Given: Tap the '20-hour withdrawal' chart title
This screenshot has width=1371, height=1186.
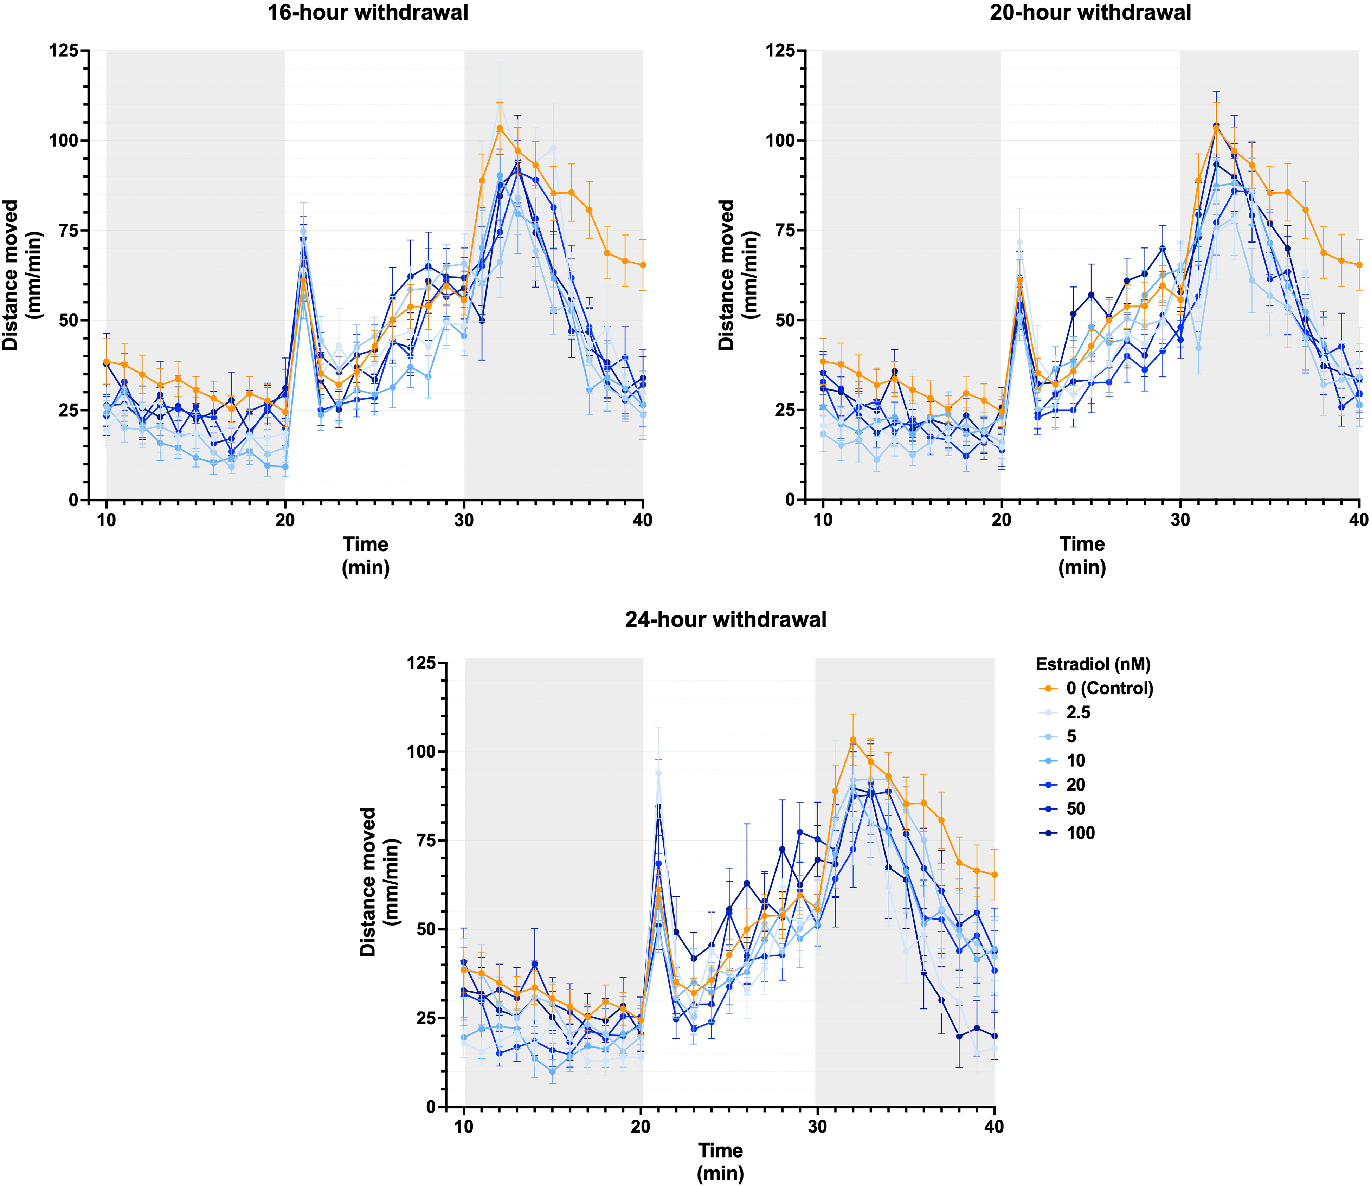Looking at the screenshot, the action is (1090, 13).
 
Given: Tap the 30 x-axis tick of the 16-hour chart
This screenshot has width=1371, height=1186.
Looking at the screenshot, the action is (464, 520).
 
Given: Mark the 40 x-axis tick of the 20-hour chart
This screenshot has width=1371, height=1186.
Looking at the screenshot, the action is (1359, 520).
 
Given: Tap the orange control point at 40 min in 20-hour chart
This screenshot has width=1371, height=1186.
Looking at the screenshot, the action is (1359, 265).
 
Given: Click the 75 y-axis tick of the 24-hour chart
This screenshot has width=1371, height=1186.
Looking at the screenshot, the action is (428, 840).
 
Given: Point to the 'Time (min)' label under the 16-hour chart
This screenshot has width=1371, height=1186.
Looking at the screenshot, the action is (365, 556).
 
